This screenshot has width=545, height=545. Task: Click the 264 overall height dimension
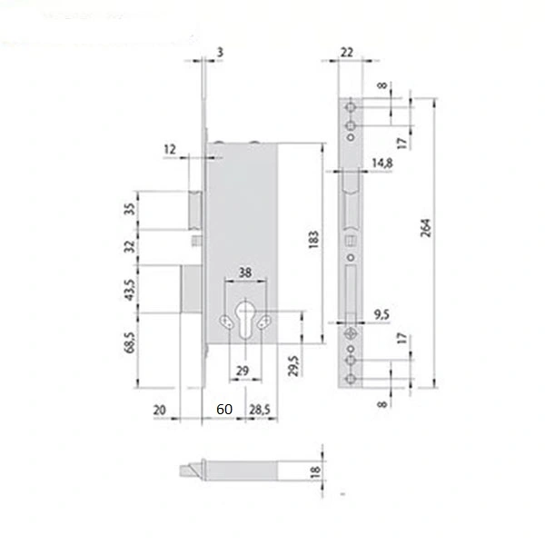(426, 228)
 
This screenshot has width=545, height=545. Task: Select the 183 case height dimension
(313, 240)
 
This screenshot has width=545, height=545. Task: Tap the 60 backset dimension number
(224, 409)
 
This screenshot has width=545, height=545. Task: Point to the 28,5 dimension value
(260, 410)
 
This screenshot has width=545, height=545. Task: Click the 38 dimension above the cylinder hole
(244, 272)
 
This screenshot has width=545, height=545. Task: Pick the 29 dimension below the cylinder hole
(243, 371)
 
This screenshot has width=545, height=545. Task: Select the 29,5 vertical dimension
(293, 366)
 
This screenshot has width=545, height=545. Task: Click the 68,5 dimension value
(129, 342)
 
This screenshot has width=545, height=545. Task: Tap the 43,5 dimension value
(129, 290)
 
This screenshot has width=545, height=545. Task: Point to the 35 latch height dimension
(129, 209)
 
